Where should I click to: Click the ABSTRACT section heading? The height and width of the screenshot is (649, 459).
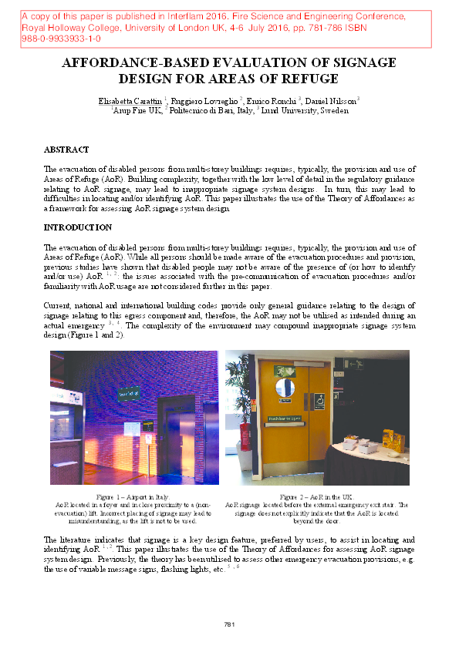coord(66,150)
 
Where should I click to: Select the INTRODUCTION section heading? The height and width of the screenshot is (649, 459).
coord(78,227)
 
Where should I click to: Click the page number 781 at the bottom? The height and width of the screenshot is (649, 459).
coord(229,624)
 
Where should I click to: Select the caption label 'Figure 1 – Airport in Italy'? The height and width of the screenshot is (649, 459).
coord(133,497)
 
